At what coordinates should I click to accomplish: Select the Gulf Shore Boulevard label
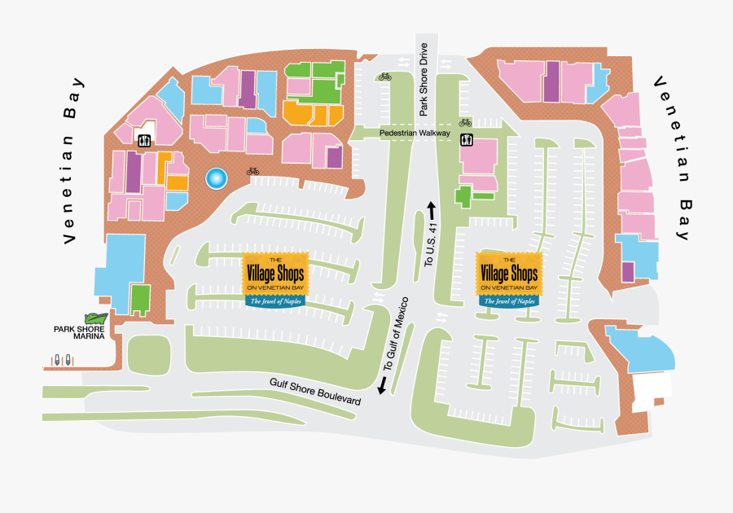(x=315, y=397)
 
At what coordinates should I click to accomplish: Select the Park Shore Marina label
(x=81, y=333)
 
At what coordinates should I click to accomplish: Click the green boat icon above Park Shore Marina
(x=96, y=319)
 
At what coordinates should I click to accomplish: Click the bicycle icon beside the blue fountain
(x=253, y=172)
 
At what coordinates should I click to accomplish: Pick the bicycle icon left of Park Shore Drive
(x=384, y=77)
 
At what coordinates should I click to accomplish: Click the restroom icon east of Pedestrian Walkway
(x=466, y=139)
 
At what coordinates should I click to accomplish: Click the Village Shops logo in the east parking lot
(x=508, y=278)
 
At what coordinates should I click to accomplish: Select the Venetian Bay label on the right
(x=671, y=159)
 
